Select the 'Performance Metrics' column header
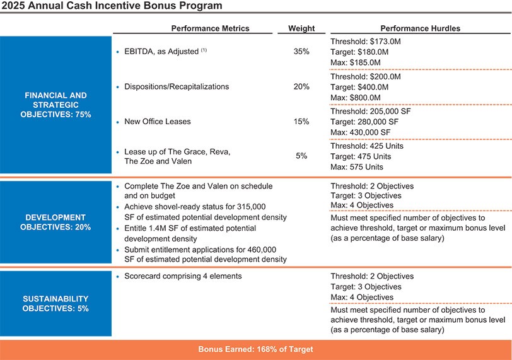[210, 28]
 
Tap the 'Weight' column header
[301, 28]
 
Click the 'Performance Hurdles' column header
[420, 28]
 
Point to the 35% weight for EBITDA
[301, 52]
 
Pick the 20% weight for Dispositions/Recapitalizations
[301, 86]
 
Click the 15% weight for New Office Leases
[301, 121]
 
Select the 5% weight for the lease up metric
[301, 156]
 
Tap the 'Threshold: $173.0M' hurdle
[365, 41]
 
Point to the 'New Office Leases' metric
[157, 121]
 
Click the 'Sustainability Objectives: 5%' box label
[55, 303]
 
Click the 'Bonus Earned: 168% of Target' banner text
[255, 349]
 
